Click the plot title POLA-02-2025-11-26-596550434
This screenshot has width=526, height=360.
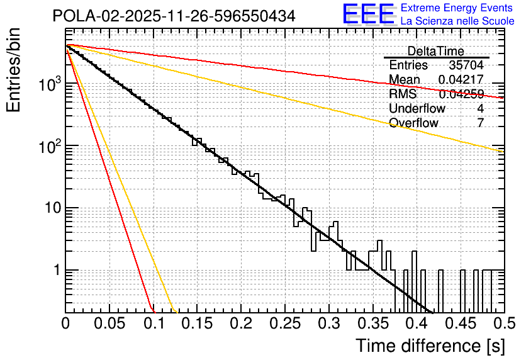tap(174, 16)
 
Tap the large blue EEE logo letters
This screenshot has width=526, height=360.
tap(368, 14)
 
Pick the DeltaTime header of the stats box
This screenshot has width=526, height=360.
tap(435, 51)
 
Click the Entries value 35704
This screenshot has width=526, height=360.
tap(466, 65)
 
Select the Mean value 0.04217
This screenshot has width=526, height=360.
tap(461, 80)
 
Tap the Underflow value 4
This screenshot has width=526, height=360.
tap(480, 108)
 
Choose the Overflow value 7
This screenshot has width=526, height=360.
tap(480, 123)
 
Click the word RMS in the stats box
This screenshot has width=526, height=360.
tap(403, 94)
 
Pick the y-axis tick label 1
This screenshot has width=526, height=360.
tap(55, 271)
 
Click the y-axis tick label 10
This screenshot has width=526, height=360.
tap(50, 208)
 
